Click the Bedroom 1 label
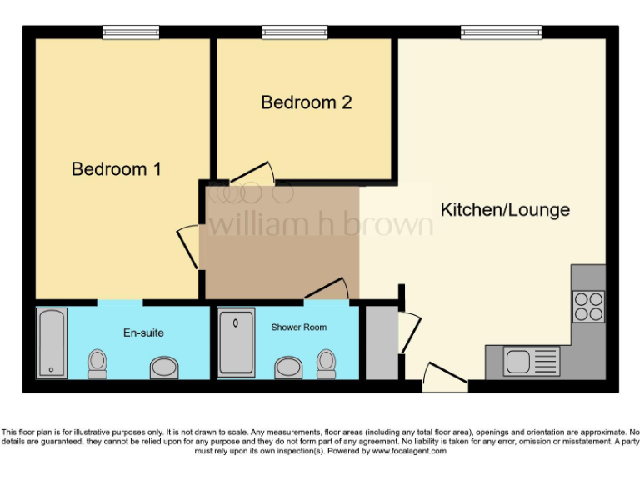117,169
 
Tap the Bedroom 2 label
306,102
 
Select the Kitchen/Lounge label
505,209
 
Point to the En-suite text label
143,332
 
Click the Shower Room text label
298,327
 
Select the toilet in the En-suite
97,362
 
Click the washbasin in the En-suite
163,367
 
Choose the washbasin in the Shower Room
288,367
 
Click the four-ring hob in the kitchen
588,306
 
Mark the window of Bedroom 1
131,32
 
